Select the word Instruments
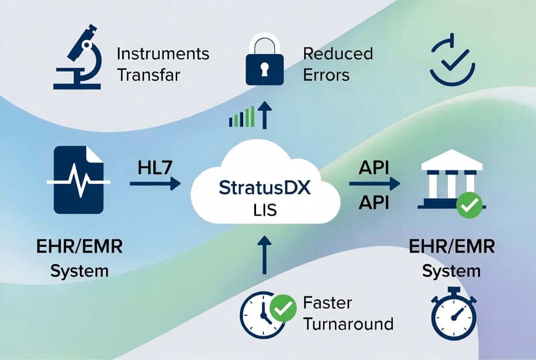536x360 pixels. [x=163, y=54]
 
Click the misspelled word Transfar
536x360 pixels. [x=149, y=75]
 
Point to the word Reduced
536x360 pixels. [x=338, y=54]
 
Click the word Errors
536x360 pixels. [x=326, y=75]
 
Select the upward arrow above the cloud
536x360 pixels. [x=264, y=115]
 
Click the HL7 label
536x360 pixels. [x=155, y=168]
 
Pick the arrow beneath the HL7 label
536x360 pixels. [x=155, y=184]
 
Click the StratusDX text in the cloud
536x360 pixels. [x=265, y=188]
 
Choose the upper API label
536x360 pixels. [x=374, y=168]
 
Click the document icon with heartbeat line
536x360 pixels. [x=78, y=180]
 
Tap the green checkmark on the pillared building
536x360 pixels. [x=469, y=205]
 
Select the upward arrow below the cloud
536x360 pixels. [x=264, y=254]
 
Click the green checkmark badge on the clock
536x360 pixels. [x=283, y=308]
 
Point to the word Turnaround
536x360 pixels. [x=348, y=324]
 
